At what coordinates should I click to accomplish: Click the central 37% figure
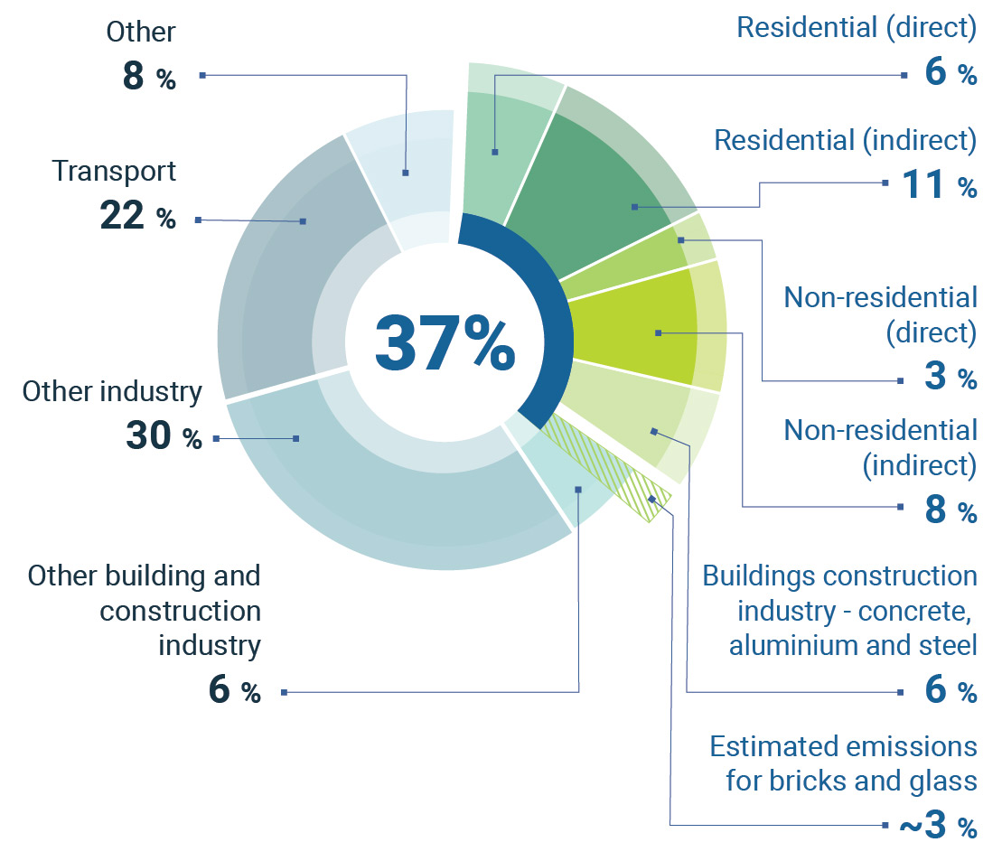[x=445, y=344]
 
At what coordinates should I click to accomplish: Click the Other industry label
[x=112, y=391]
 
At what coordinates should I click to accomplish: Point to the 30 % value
[x=164, y=438]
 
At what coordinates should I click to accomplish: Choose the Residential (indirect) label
[x=845, y=140]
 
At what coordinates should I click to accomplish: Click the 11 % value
[x=940, y=186]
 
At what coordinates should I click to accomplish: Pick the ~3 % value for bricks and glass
[x=937, y=826]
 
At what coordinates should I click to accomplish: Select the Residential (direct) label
[x=857, y=27]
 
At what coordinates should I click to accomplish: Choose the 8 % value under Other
[x=149, y=78]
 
